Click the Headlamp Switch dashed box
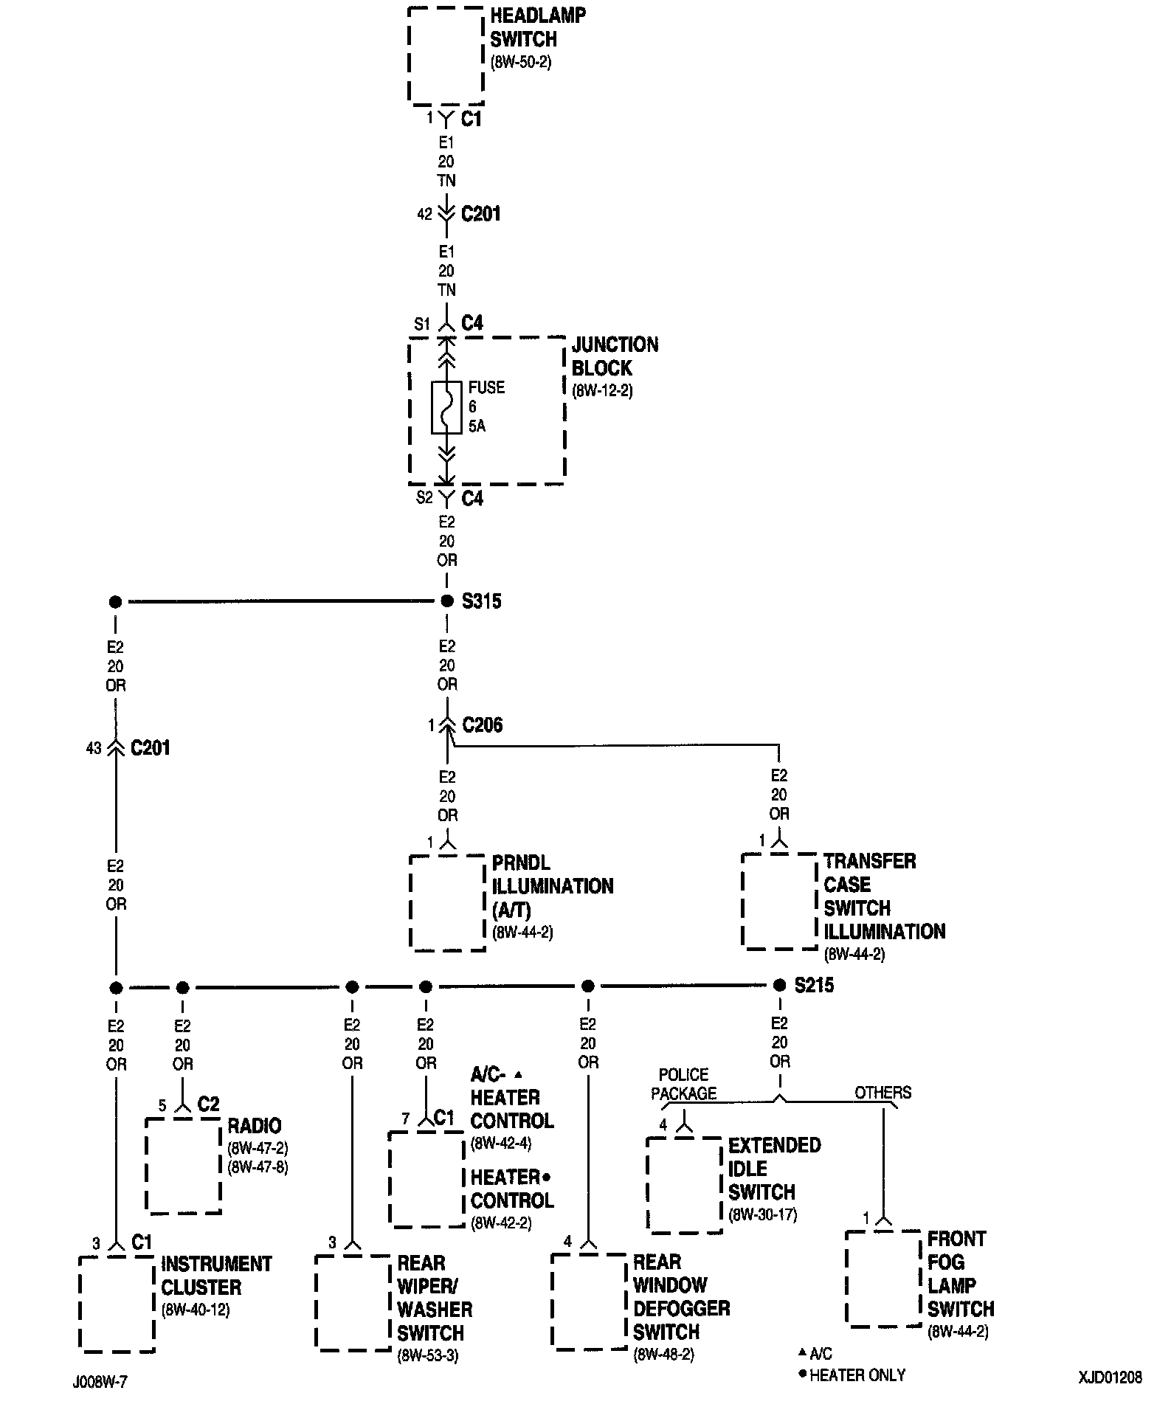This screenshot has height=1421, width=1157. pyautogui.click(x=446, y=55)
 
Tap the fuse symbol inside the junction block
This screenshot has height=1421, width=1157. pyautogui.click(x=446, y=407)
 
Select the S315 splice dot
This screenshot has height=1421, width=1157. pyautogui.click(x=446, y=601)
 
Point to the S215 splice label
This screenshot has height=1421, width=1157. pyautogui.click(x=814, y=986)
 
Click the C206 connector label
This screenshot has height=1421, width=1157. pyautogui.click(x=483, y=725)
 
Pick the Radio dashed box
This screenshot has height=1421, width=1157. pyautogui.click(x=183, y=1166)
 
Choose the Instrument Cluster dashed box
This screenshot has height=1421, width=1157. pyautogui.click(x=117, y=1305)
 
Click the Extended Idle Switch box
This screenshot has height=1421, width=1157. pyautogui.click(x=684, y=1185)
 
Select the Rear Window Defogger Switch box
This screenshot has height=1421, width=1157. pyautogui.click(x=589, y=1301)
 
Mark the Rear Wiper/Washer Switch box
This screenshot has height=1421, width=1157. pyautogui.click(x=353, y=1304)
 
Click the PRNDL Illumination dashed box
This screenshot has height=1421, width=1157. pyautogui.click(x=447, y=903)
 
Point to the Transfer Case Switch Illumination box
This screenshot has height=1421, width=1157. pyautogui.click(x=779, y=902)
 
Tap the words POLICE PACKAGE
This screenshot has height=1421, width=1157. pyautogui.click(x=683, y=1084)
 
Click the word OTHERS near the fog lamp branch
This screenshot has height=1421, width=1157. pyautogui.click(x=883, y=1093)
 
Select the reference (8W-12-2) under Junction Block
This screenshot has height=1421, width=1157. pyautogui.click(x=602, y=390)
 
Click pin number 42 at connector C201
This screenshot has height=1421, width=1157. pyautogui.click(x=424, y=214)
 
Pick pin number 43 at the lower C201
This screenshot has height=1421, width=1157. pyautogui.click(x=94, y=748)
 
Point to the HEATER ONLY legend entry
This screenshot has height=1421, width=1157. pyautogui.click(x=856, y=1375)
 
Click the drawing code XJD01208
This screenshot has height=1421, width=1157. pyautogui.click(x=1109, y=1377)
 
